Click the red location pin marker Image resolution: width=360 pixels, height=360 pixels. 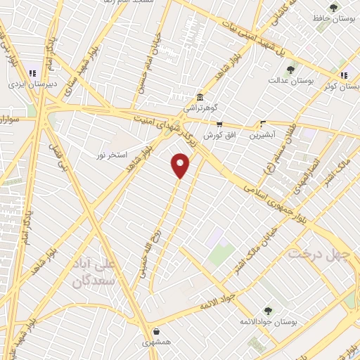[181, 165]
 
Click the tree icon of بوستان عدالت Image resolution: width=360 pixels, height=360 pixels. [291, 70]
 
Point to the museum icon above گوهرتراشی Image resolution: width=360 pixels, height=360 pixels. [201, 97]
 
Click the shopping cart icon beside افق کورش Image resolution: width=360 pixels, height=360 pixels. [219, 123]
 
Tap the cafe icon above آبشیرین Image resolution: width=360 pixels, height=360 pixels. [264, 122]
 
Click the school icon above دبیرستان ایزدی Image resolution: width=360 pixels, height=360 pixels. [32, 72]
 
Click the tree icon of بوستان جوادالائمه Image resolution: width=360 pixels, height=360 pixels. [267, 310]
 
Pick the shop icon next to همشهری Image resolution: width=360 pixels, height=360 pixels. [155, 331]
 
